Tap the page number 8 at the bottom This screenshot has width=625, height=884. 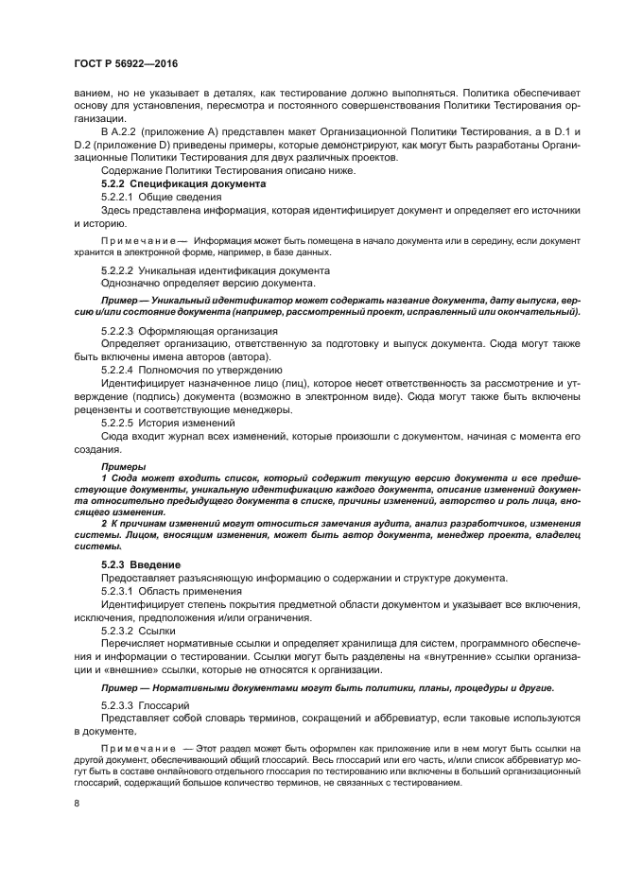(x=78, y=803)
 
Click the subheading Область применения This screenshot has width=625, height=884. (x=191, y=591)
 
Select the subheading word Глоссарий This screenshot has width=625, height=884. (x=164, y=705)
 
